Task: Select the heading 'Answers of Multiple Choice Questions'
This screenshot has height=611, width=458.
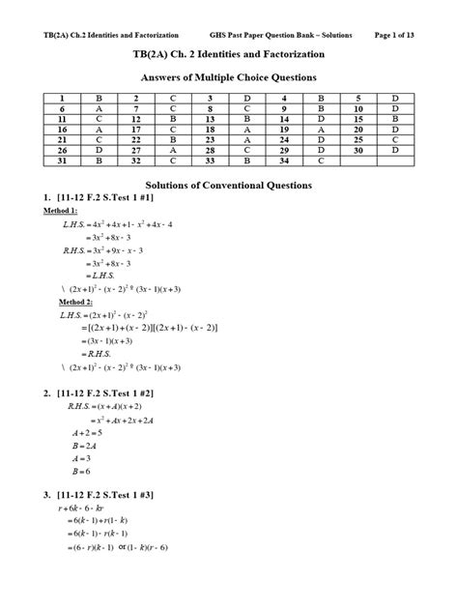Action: pyautogui.click(x=228, y=76)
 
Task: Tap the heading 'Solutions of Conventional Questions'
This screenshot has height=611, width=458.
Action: pyautogui.click(x=228, y=184)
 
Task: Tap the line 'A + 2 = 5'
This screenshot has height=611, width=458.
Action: pyautogui.click(x=85, y=434)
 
